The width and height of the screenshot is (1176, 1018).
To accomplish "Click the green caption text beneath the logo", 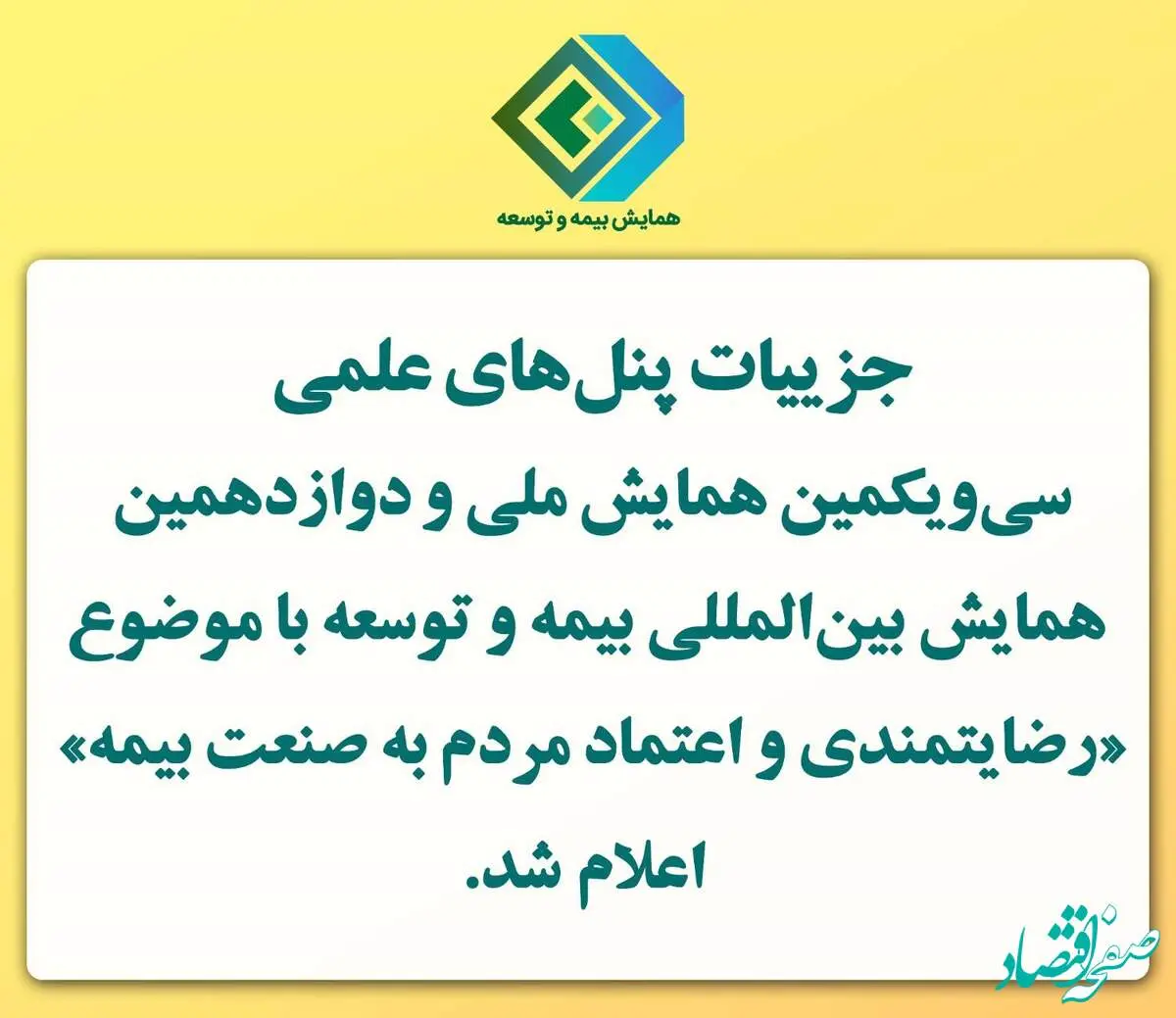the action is tap(588, 218).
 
